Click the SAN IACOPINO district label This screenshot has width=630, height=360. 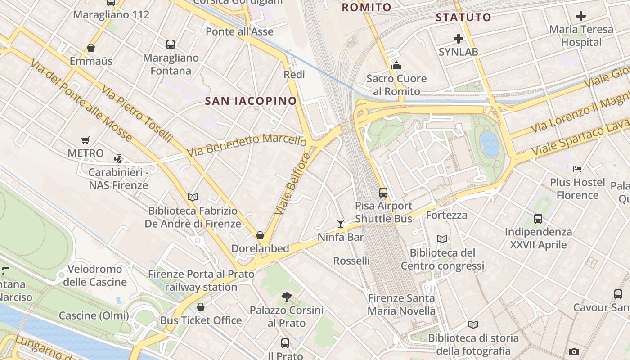point(251,101)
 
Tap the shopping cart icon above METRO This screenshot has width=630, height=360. point(85,140)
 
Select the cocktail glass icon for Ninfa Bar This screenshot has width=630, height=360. point(341,224)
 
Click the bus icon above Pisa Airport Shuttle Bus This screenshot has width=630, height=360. point(383,193)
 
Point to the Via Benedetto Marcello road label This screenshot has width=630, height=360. point(247,145)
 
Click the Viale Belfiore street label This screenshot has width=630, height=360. point(292,184)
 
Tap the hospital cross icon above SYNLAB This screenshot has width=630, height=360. point(459,39)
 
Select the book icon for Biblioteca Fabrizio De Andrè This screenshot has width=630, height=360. point(193,197)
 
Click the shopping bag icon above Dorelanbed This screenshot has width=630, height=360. point(260,235)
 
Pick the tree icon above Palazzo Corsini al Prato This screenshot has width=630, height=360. point(286,297)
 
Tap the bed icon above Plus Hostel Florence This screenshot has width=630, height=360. point(577,169)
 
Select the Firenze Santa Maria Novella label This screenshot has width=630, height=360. point(401,304)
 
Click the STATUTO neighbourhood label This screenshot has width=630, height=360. point(463,18)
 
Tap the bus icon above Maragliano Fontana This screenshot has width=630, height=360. point(171,45)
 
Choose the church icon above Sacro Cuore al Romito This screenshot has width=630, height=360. point(396,66)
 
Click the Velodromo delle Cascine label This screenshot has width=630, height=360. point(94,275)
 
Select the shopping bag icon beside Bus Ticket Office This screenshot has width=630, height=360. point(201,307)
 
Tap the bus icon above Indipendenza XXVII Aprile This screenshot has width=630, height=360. point(538,219)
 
